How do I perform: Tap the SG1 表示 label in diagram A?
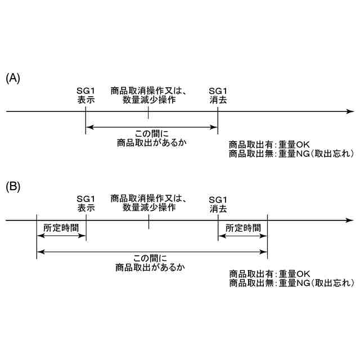(x=86, y=95)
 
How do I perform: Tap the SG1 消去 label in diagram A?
(x=218, y=95)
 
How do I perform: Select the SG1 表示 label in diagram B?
(x=86, y=202)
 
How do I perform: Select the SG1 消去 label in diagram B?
(x=218, y=204)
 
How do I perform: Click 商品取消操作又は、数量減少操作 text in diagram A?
(x=149, y=95)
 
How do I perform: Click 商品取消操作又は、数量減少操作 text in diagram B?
(x=149, y=202)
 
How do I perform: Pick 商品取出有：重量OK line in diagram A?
(x=270, y=144)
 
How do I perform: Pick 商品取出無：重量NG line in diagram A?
(x=291, y=154)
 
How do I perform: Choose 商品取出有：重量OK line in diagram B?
(x=270, y=274)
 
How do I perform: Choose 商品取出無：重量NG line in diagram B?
(x=291, y=283)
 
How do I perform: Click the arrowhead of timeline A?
(x=350, y=111)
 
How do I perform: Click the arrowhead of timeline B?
(x=350, y=219)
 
